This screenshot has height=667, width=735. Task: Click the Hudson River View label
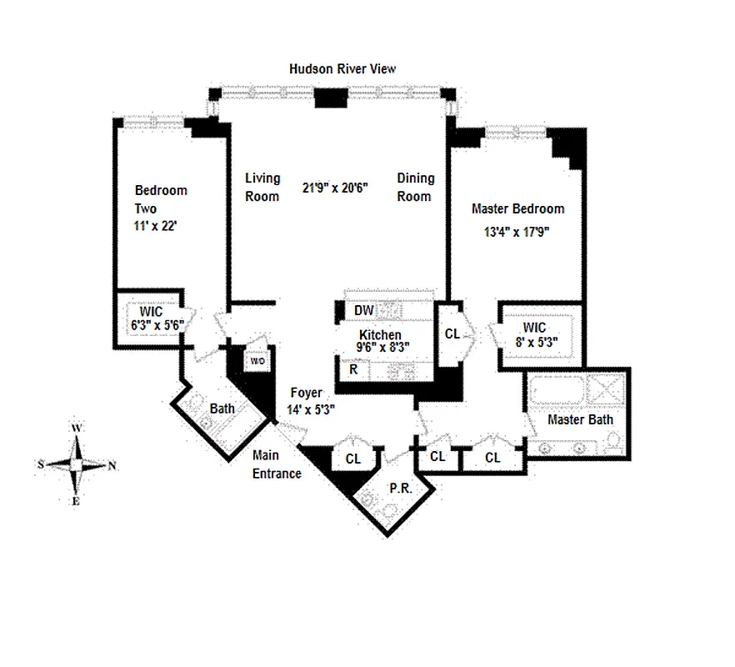342,69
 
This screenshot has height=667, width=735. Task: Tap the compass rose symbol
77,464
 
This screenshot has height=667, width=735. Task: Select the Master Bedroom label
517,208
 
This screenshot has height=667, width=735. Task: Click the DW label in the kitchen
362,310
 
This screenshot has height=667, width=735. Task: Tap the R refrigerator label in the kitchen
353,368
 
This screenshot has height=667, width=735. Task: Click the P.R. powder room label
401,489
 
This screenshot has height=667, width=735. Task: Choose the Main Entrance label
277,464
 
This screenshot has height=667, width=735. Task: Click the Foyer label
306,393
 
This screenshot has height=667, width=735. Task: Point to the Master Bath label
579,419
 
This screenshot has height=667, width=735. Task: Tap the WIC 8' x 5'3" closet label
538,333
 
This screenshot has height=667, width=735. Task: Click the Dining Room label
415,187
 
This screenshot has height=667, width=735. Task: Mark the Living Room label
262,187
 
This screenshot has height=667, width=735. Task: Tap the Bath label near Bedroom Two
222,409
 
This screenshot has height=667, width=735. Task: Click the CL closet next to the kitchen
452,333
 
